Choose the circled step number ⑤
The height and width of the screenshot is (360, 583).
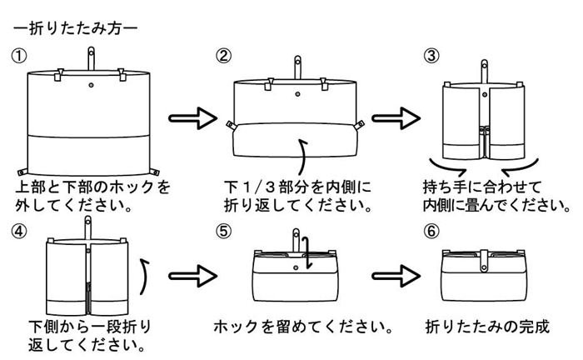click(223, 230)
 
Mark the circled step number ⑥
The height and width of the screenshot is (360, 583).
click(431, 230)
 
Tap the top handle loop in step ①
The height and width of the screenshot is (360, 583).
click(89, 57)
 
